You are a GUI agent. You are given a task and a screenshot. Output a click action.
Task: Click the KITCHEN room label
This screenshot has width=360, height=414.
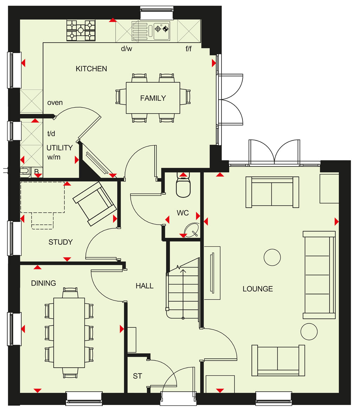coord(91,69)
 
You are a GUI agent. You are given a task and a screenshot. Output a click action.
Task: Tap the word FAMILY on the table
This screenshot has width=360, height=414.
coord(153,98)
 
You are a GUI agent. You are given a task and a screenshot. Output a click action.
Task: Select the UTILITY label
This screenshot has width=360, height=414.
coord(59,148)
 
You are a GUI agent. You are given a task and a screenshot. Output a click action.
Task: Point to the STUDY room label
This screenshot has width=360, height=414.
coord(60,242)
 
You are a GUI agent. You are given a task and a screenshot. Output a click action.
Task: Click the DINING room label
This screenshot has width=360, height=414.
coord(44,283)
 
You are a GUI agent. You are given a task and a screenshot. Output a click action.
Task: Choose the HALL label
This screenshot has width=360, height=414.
coord(144,286)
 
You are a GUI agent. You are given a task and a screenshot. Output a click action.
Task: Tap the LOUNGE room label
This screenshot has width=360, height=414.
coord(258,289)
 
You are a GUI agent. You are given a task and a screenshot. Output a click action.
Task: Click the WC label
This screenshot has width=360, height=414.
coord(183,213)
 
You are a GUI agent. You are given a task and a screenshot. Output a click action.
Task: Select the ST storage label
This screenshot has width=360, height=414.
coord(137,376)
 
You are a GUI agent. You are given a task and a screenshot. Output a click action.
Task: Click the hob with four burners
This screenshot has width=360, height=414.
coord(81,31)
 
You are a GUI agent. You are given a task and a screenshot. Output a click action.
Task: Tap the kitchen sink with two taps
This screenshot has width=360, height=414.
coord(151,31)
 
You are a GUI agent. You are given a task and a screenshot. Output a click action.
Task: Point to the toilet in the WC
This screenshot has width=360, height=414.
coord(183,185)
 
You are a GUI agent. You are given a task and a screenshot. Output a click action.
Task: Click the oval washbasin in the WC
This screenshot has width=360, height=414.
coord(192,230)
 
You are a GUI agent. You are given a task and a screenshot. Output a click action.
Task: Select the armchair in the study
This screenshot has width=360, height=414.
coord(95,204)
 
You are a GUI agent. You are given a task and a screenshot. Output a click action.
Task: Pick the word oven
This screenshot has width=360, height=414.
coord(55,103)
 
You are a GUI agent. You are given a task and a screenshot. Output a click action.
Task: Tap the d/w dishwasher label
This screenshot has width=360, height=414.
coord(127,49)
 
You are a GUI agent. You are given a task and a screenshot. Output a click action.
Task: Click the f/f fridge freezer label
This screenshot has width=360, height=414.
coord(188,49)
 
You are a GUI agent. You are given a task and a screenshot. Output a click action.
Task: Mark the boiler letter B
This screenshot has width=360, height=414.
coord(37,171)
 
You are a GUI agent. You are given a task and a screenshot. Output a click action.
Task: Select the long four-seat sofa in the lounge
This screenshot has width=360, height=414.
coord(319,275)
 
